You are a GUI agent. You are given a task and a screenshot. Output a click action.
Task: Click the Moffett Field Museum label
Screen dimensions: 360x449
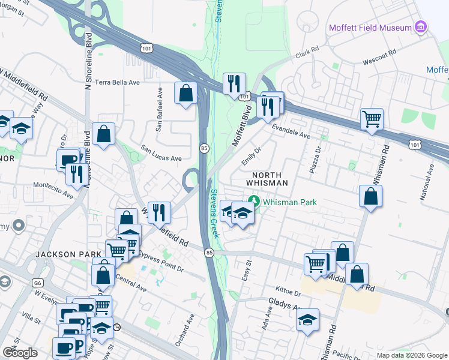[x=370, y=28]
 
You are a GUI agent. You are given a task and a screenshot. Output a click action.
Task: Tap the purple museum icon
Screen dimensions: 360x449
[x=421, y=28]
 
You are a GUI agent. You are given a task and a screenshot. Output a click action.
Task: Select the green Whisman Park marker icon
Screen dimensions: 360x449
[x=254, y=202]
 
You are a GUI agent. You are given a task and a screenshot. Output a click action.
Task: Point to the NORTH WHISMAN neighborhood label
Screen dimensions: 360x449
[x=267, y=178]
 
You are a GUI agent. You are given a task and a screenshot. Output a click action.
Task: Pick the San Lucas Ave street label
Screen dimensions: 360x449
[x=161, y=153]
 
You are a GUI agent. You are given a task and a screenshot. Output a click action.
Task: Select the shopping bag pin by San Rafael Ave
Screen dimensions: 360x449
[x=185, y=93]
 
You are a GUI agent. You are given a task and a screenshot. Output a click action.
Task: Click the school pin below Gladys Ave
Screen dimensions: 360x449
[x=307, y=320]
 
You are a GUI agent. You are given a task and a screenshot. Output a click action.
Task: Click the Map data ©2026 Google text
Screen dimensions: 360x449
[x=412, y=355]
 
